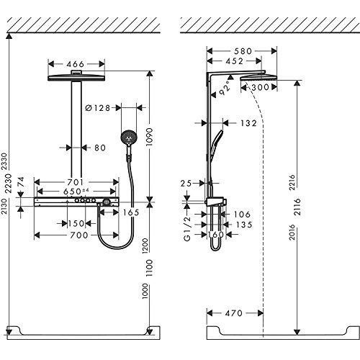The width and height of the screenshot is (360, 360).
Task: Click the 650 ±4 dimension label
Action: pos(75,193)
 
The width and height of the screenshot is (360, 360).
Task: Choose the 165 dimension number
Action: pos(131,213)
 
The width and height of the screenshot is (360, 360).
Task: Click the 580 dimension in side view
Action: pos(243,51)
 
